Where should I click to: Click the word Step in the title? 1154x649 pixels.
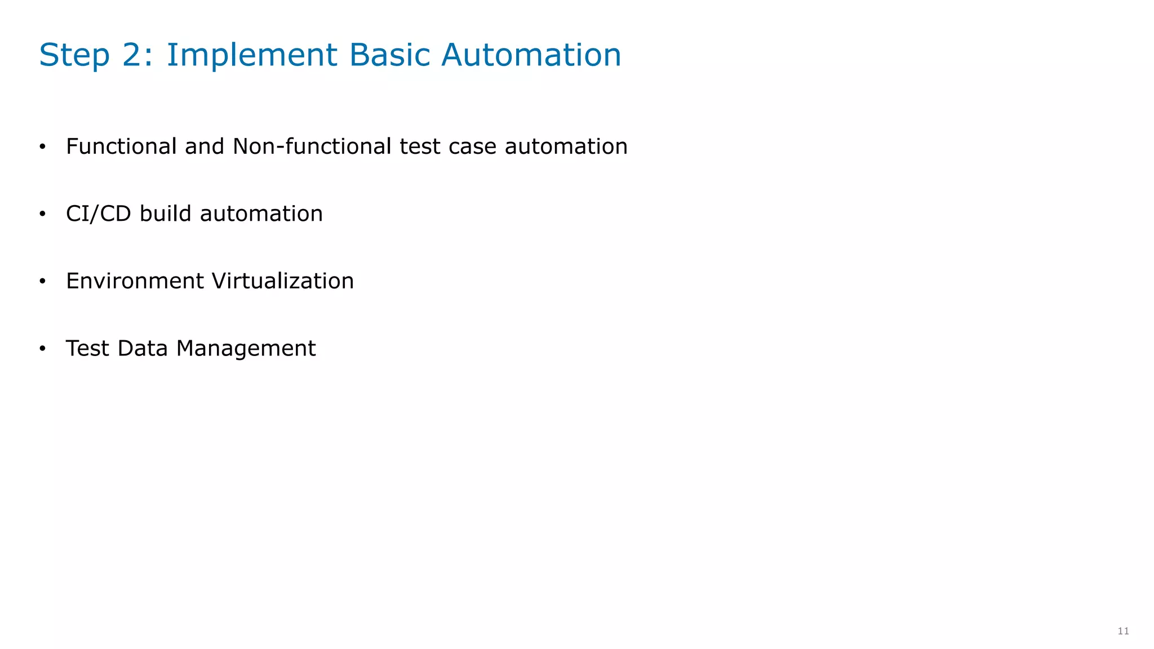point(74,55)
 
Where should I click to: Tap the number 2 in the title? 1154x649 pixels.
point(135,55)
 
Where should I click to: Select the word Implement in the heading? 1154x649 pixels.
point(252,55)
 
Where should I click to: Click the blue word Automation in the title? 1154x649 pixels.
point(531,55)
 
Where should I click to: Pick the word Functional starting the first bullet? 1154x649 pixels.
point(122,146)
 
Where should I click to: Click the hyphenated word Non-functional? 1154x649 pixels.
point(312,146)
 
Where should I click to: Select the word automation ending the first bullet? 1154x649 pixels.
point(566,147)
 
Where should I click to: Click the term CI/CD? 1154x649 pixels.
point(98,214)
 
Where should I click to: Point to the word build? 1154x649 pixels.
point(166,214)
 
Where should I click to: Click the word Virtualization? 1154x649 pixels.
point(282,281)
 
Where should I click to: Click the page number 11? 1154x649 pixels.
point(1123,631)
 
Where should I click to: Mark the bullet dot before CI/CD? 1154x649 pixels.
point(42,215)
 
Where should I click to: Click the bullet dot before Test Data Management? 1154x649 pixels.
point(42,349)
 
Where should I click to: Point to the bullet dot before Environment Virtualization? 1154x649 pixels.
point(42,282)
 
